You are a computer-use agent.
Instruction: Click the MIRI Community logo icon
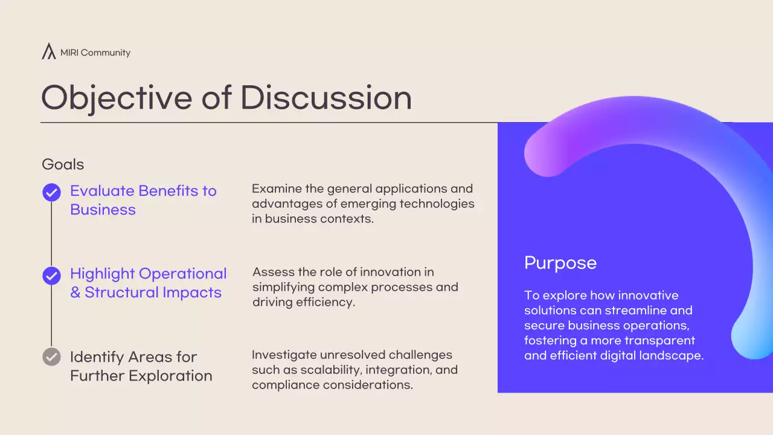click(x=48, y=51)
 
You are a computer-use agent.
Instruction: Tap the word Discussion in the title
click(x=326, y=97)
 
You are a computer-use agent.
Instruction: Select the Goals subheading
click(x=63, y=164)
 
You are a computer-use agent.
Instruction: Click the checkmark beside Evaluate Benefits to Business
click(x=51, y=193)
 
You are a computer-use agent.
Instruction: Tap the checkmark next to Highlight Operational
click(x=51, y=275)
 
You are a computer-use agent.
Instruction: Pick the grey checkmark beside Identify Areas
click(x=51, y=356)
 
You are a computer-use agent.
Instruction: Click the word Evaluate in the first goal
click(x=102, y=191)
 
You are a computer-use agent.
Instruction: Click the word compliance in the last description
click(x=283, y=385)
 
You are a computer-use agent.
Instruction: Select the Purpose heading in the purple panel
click(x=560, y=263)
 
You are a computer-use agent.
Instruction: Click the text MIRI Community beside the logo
click(x=95, y=53)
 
